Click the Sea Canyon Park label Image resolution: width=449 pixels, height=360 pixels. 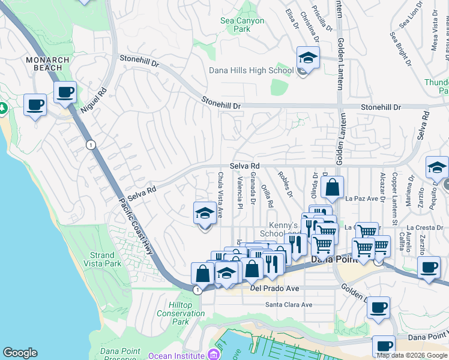click(242, 25)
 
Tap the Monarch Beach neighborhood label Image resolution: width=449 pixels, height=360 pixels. click(44, 64)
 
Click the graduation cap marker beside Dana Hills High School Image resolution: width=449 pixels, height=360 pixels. click(308, 58)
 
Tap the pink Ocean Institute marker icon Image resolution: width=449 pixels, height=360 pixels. click(212, 355)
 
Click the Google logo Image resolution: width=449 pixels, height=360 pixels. click(20, 353)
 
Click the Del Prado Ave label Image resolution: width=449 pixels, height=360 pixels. click(274, 288)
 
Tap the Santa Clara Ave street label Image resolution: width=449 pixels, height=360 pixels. click(289, 305)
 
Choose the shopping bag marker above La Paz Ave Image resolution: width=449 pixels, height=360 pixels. click(332, 188)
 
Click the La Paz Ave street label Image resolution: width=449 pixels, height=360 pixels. click(361, 198)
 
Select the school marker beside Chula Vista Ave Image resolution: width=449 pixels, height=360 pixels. click(205, 214)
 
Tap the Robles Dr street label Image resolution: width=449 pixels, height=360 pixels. click(285, 184)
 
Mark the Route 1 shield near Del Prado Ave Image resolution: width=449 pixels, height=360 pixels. click(197, 290)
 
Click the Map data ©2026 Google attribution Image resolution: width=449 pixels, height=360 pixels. click(412, 355)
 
